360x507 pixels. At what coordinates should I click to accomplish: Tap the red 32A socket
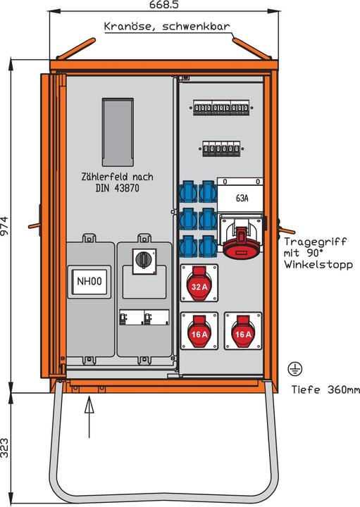[199, 285]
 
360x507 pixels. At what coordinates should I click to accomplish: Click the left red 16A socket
[199, 332]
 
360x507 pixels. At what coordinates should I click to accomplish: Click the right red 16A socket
[243, 332]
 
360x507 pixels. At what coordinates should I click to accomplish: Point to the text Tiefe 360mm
[321, 389]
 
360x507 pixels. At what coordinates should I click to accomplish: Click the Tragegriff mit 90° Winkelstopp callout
[318, 253]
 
